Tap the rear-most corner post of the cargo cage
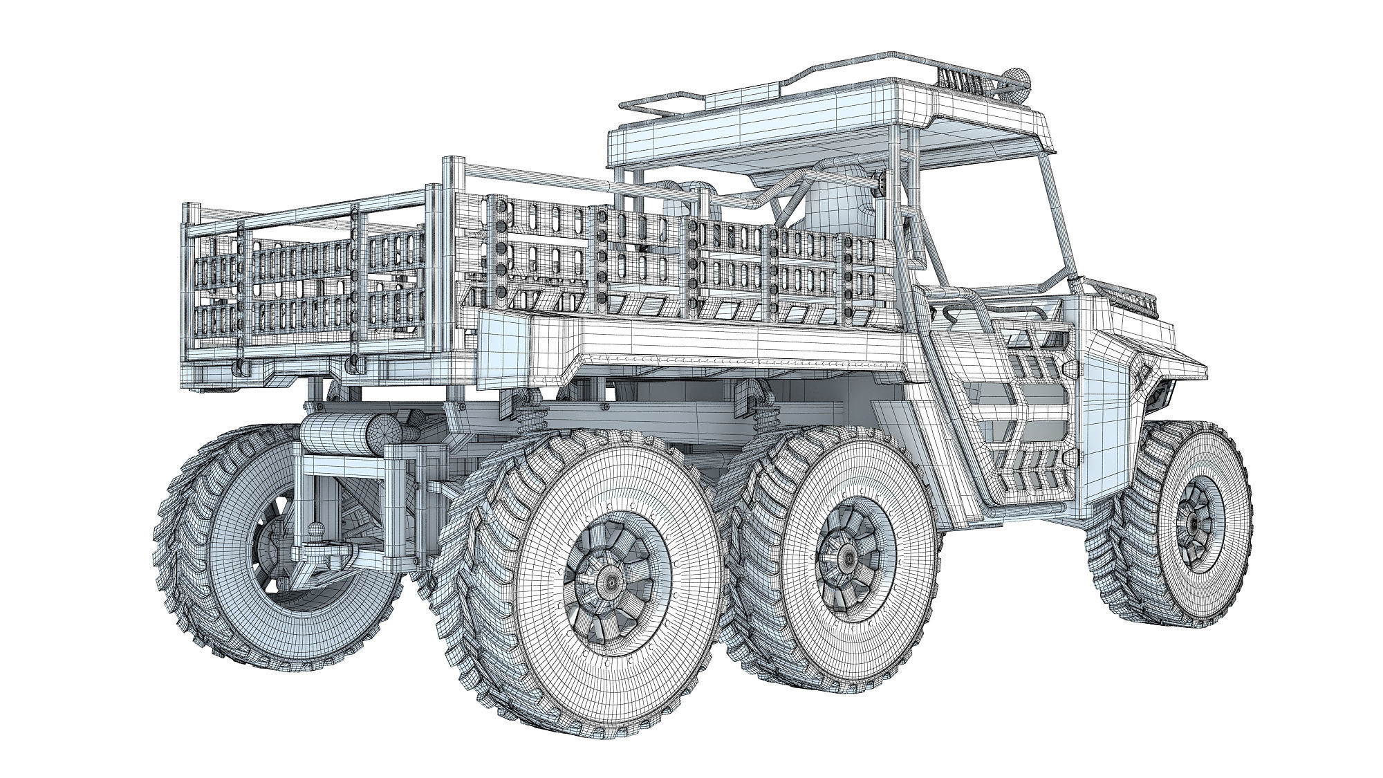[188, 290]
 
